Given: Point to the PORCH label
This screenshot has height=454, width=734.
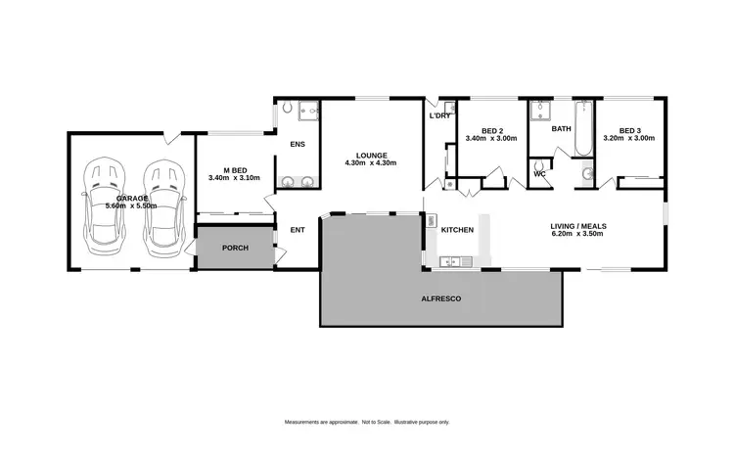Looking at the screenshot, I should (235, 248).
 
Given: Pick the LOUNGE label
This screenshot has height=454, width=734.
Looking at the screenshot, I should (372, 155).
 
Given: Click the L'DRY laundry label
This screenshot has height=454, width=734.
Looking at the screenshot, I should (439, 116).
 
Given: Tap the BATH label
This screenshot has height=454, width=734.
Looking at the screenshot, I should (561, 128).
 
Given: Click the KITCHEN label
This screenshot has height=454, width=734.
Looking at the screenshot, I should (457, 230).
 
